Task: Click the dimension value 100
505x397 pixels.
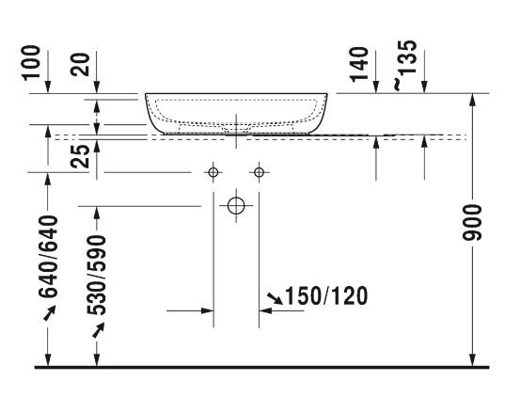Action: click(x=31, y=62)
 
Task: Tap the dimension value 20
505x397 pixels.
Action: click(x=80, y=65)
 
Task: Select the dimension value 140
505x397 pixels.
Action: click(x=358, y=65)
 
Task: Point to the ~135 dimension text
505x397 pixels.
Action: click(x=404, y=65)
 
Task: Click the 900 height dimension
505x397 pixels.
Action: click(x=472, y=222)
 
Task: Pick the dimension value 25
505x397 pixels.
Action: click(x=80, y=156)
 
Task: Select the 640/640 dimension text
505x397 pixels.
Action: click(x=48, y=257)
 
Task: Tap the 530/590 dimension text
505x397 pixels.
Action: click(x=96, y=275)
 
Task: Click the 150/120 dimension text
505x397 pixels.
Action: click(x=326, y=295)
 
